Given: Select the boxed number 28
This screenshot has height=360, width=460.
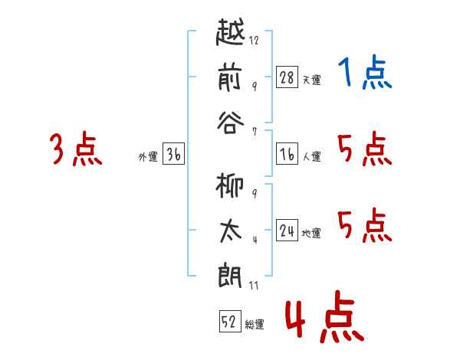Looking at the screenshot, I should click(287, 77).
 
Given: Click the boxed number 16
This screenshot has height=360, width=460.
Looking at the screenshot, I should click(287, 155).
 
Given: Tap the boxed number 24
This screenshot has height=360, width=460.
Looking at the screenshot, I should click(287, 231).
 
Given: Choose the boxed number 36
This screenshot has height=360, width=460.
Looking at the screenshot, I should click(173, 155).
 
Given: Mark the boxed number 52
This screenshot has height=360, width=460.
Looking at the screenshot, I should click(229, 322).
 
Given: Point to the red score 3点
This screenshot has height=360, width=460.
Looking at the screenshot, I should click(76, 149).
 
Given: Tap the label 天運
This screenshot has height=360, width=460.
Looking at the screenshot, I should click(311, 80).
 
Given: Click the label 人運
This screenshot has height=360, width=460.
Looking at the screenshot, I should click(311, 157).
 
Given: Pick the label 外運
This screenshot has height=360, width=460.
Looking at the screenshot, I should click(148, 157).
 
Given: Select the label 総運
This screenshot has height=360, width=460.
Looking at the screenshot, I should click(255, 325).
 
